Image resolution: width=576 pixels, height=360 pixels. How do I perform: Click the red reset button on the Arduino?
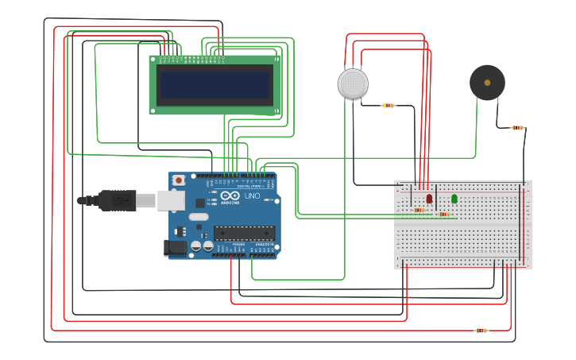pyautogui.click(x=179, y=180)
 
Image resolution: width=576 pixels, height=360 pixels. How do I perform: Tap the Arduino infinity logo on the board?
pyautogui.click(x=230, y=195)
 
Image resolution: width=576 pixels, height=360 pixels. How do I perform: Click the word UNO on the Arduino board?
pyautogui.click(x=251, y=195)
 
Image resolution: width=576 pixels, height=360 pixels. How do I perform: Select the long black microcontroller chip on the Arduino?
pyautogui.click(x=244, y=233)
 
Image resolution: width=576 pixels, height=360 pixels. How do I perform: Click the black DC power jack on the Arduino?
pyautogui.click(x=175, y=248)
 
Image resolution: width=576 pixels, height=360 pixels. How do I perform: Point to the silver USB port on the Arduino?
pyautogui.click(x=171, y=200)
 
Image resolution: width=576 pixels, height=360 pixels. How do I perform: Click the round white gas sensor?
pyautogui.click(x=353, y=84)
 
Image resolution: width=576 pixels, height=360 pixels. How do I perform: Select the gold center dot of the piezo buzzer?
pyautogui.click(x=487, y=83)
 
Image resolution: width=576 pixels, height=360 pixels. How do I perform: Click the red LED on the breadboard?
pyautogui.click(x=429, y=198)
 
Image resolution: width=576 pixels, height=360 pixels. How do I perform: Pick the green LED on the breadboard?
pyautogui.click(x=454, y=198)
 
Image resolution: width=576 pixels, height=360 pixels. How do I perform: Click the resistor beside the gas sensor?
pyautogui.click(x=388, y=105)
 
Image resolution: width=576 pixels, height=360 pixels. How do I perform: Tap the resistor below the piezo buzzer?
pyautogui.click(x=517, y=127)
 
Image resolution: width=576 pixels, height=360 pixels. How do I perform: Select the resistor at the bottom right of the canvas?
pyautogui.click(x=481, y=330)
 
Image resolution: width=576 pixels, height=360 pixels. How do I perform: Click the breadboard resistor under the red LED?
pyautogui.click(x=419, y=211)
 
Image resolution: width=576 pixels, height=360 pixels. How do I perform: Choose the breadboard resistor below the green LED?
pyautogui.click(x=443, y=214)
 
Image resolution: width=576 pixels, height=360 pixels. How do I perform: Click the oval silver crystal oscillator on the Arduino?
pyautogui.click(x=199, y=217)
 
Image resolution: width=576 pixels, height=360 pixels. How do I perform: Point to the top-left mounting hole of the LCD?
pyautogui.click(x=153, y=59)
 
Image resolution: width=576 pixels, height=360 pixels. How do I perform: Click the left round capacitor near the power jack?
pyautogui.click(x=196, y=246)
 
